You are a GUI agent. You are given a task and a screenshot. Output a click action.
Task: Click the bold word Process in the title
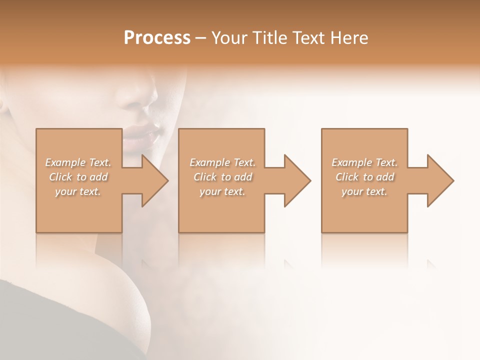157,38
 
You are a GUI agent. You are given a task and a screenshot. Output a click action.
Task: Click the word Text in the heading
309,38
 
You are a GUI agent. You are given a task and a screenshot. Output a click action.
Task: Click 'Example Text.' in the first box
78,162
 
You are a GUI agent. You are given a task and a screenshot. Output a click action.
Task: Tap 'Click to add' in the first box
78,177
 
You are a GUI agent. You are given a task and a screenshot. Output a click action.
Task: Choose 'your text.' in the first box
78,191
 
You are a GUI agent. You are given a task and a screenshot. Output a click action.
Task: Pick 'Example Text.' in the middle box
222,162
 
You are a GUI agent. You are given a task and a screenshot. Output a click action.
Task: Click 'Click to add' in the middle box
222,177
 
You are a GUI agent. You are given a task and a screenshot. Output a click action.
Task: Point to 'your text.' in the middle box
222,191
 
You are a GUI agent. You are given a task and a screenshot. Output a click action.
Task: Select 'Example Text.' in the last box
364,162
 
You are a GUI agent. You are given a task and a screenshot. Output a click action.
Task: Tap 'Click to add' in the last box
364,177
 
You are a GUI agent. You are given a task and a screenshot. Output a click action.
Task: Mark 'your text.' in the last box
364,191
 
